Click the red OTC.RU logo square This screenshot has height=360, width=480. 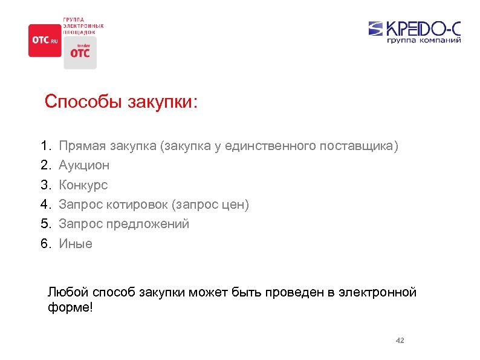click(x=45, y=41)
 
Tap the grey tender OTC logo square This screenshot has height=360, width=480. click(x=80, y=53)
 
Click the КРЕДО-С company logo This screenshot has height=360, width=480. click(x=415, y=28)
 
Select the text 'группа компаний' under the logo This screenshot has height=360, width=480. click(x=424, y=41)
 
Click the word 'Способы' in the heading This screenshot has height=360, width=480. click(x=83, y=102)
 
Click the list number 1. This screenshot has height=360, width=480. click(x=44, y=146)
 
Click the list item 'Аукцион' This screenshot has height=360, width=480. click(x=84, y=165)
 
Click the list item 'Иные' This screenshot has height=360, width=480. click(x=76, y=244)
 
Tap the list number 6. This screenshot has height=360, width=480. click(x=44, y=244)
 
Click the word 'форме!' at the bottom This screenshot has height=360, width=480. click(x=70, y=307)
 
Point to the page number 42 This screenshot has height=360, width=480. click(x=400, y=341)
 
